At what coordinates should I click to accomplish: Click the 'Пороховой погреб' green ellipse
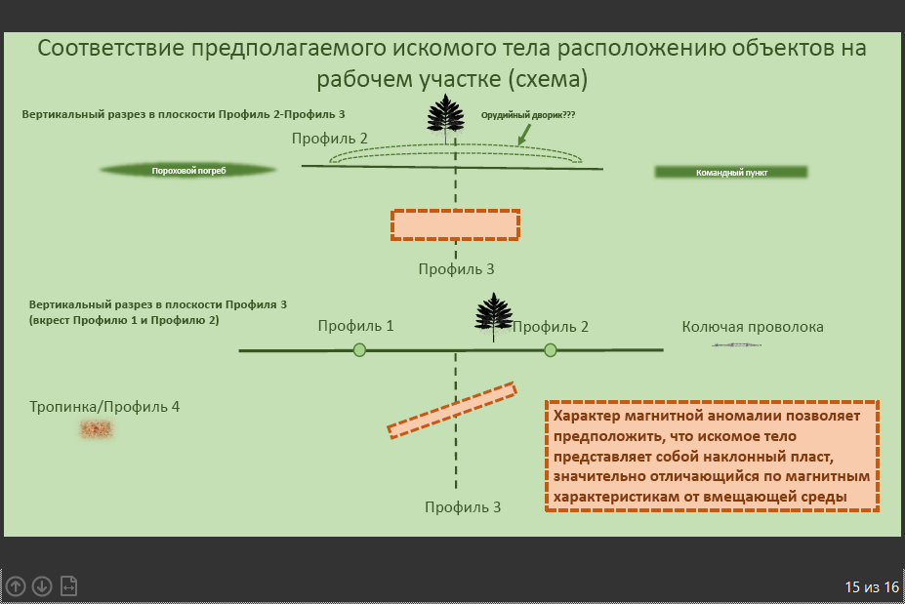pyautogui.click(x=188, y=170)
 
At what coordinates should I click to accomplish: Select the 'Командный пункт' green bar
pyautogui.click(x=731, y=172)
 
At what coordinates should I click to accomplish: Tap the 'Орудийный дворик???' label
pyautogui.click(x=528, y=115)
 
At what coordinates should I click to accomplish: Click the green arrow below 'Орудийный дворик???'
pyautogui.click(x=524, y=135)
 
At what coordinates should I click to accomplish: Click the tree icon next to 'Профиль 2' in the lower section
pyautogui.click(x=493, y=316)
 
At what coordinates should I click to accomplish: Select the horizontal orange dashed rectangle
pyautogui.click(x=455, y=225)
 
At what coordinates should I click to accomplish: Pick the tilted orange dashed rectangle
pyautogui.click(x=452, y=410)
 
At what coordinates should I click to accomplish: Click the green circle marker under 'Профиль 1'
pyautogui.click(x=359, y=350)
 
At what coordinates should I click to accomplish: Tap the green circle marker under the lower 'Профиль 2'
pyautogui.click(x=551, y=350)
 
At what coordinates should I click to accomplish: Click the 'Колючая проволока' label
pyautogui.click(x=753, y=327)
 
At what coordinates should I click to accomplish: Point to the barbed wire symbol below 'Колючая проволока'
pyautogui.click(x=736, y=345)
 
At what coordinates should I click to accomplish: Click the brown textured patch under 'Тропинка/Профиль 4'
pyautogui.click(x=96, y=429)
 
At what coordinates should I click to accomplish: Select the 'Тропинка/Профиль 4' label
pyautogui.click(x=104, y=407)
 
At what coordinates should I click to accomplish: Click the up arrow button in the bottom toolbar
pyautogui.click(x=16, y=586)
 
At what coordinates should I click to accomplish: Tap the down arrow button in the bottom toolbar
pyautogui.click(x=42, y=586)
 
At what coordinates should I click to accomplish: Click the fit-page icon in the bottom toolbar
pyautogui.click(x=68, y=586)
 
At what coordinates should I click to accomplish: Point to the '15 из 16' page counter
pyautogui.click(x=872, y=587)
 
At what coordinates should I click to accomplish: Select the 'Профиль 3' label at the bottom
pyautogui.click(x=463, y=507)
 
